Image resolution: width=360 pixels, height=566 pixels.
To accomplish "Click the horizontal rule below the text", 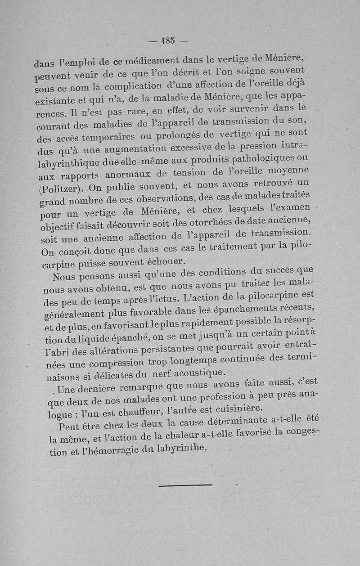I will [x=185, y=485].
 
